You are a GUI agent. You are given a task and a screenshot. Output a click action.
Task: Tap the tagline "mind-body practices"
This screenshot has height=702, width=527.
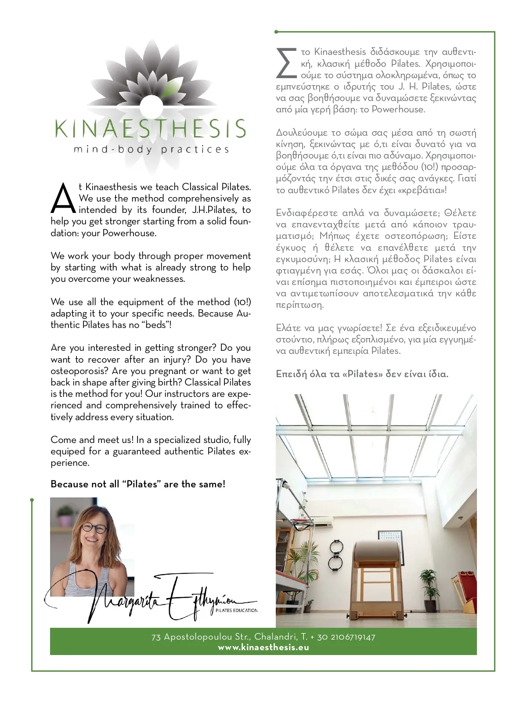click(x=152, y=150)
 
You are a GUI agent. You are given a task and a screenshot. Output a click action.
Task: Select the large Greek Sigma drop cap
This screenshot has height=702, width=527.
click(x=285, y=62)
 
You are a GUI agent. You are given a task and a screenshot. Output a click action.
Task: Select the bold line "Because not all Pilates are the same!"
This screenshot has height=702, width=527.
click(x=138, y=484)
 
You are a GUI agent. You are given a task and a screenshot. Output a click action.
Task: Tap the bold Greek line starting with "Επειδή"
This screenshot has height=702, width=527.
click(x=362, y=374)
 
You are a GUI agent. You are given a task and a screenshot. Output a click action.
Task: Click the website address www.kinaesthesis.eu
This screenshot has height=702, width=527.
click(x=263, y=648)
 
